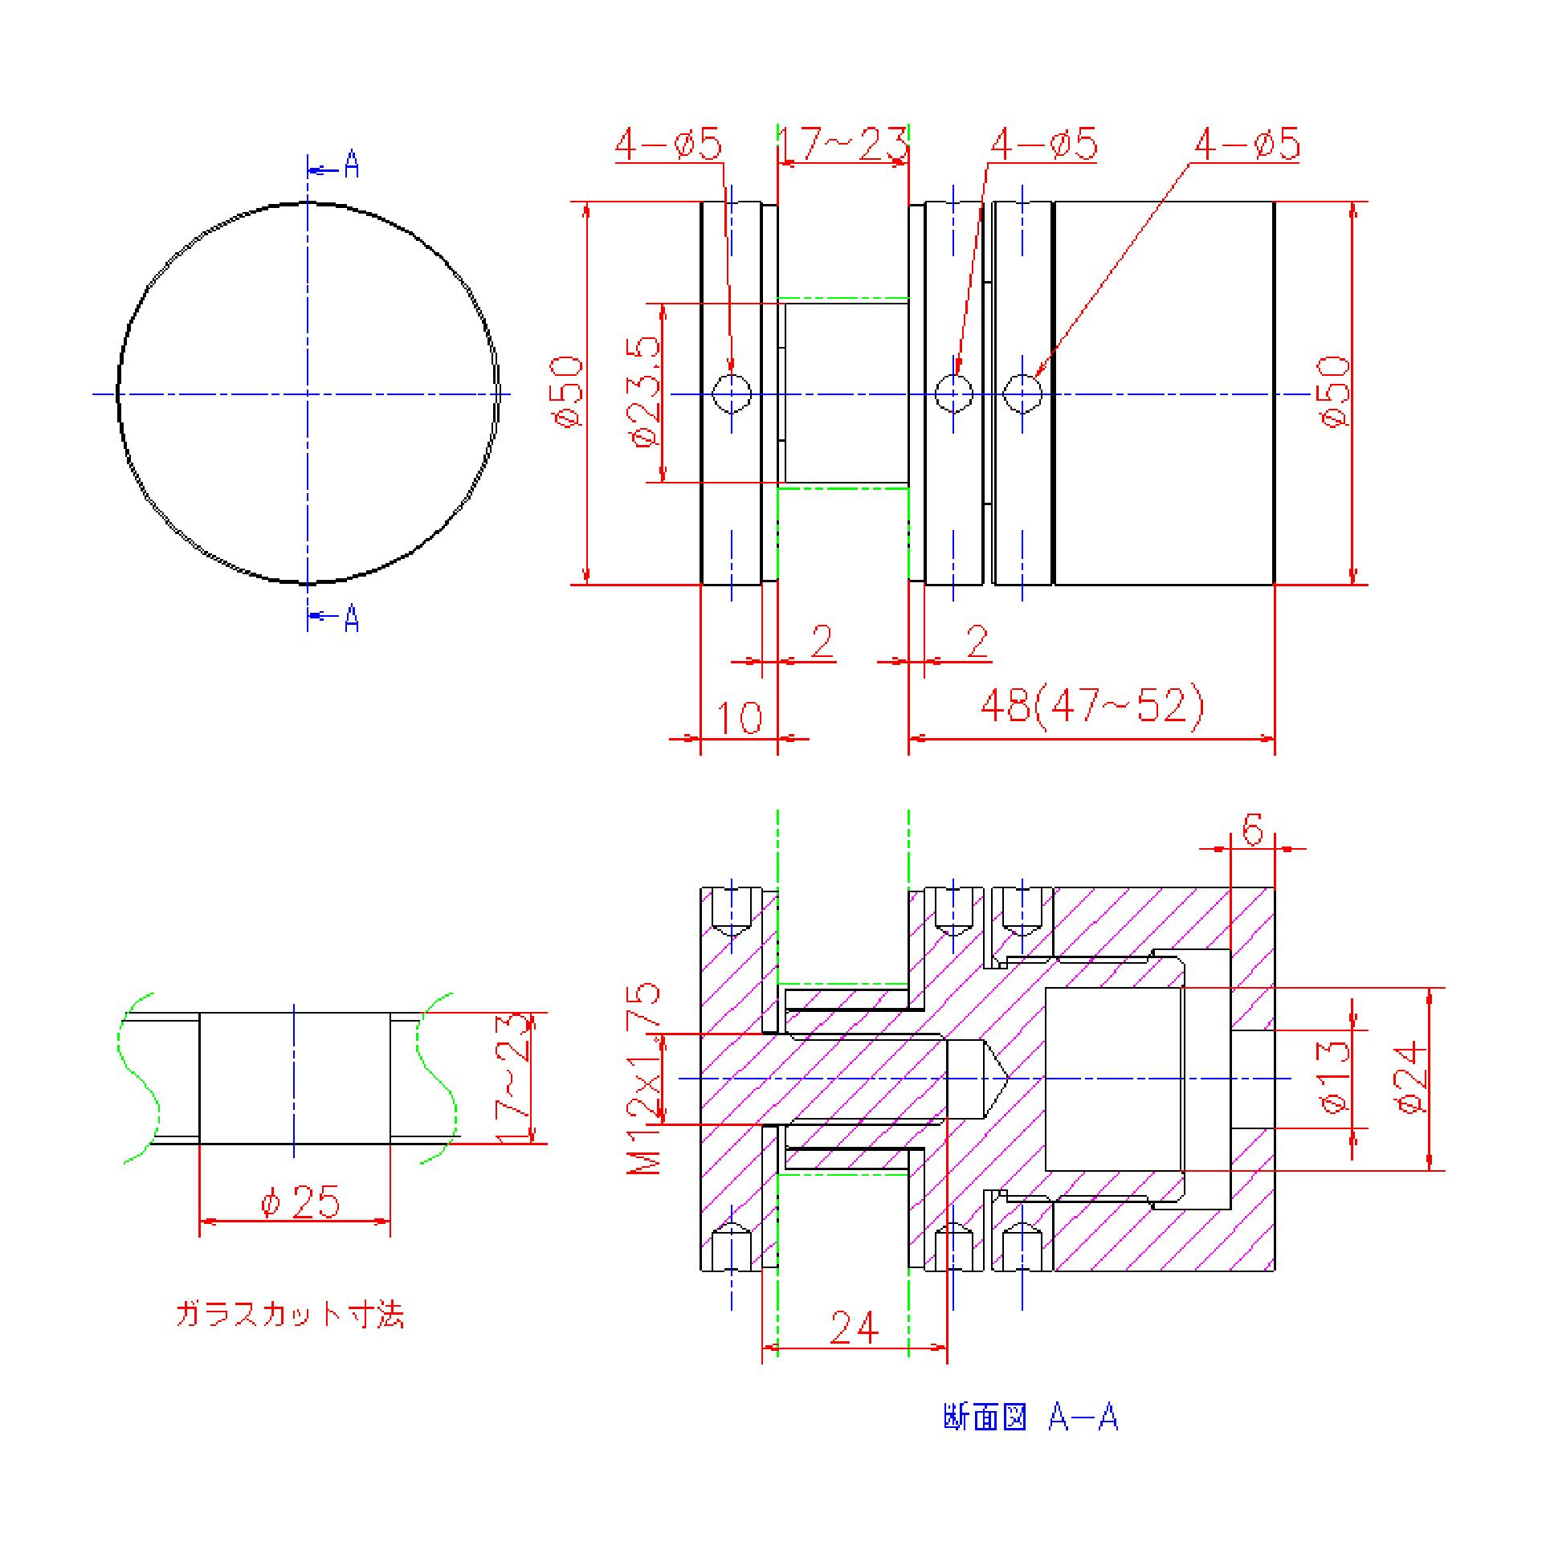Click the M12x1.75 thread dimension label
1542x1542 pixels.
click(644, 1079)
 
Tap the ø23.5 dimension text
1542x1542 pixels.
click(647, 391)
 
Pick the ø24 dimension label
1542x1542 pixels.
click(1413, 1077)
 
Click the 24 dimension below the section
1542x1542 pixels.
click(855, 1328)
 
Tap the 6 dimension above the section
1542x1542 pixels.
click(1252, 829)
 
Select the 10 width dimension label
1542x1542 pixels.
click(739, 717)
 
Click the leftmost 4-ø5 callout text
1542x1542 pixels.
click(669, 145)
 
